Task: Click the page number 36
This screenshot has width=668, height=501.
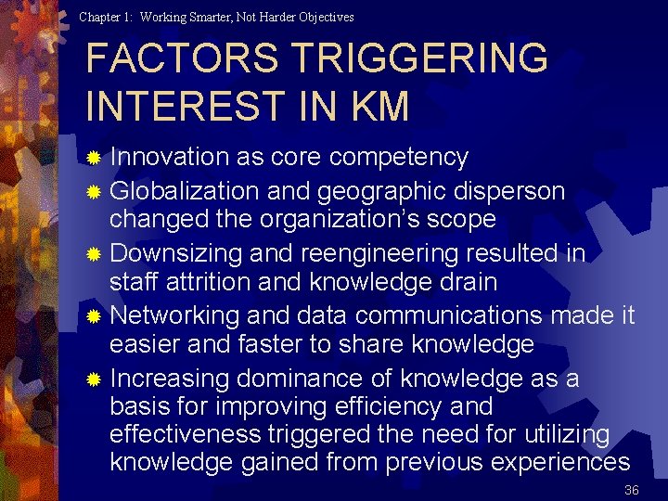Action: (632, 490)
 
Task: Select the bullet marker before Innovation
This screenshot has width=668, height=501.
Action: (93, 159)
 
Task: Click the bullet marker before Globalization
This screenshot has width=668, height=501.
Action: (93, 193)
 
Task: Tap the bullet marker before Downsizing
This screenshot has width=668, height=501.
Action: (93, 255)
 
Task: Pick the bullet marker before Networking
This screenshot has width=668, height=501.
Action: (93, 317)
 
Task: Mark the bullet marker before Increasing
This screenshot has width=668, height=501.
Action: (93, 379)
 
